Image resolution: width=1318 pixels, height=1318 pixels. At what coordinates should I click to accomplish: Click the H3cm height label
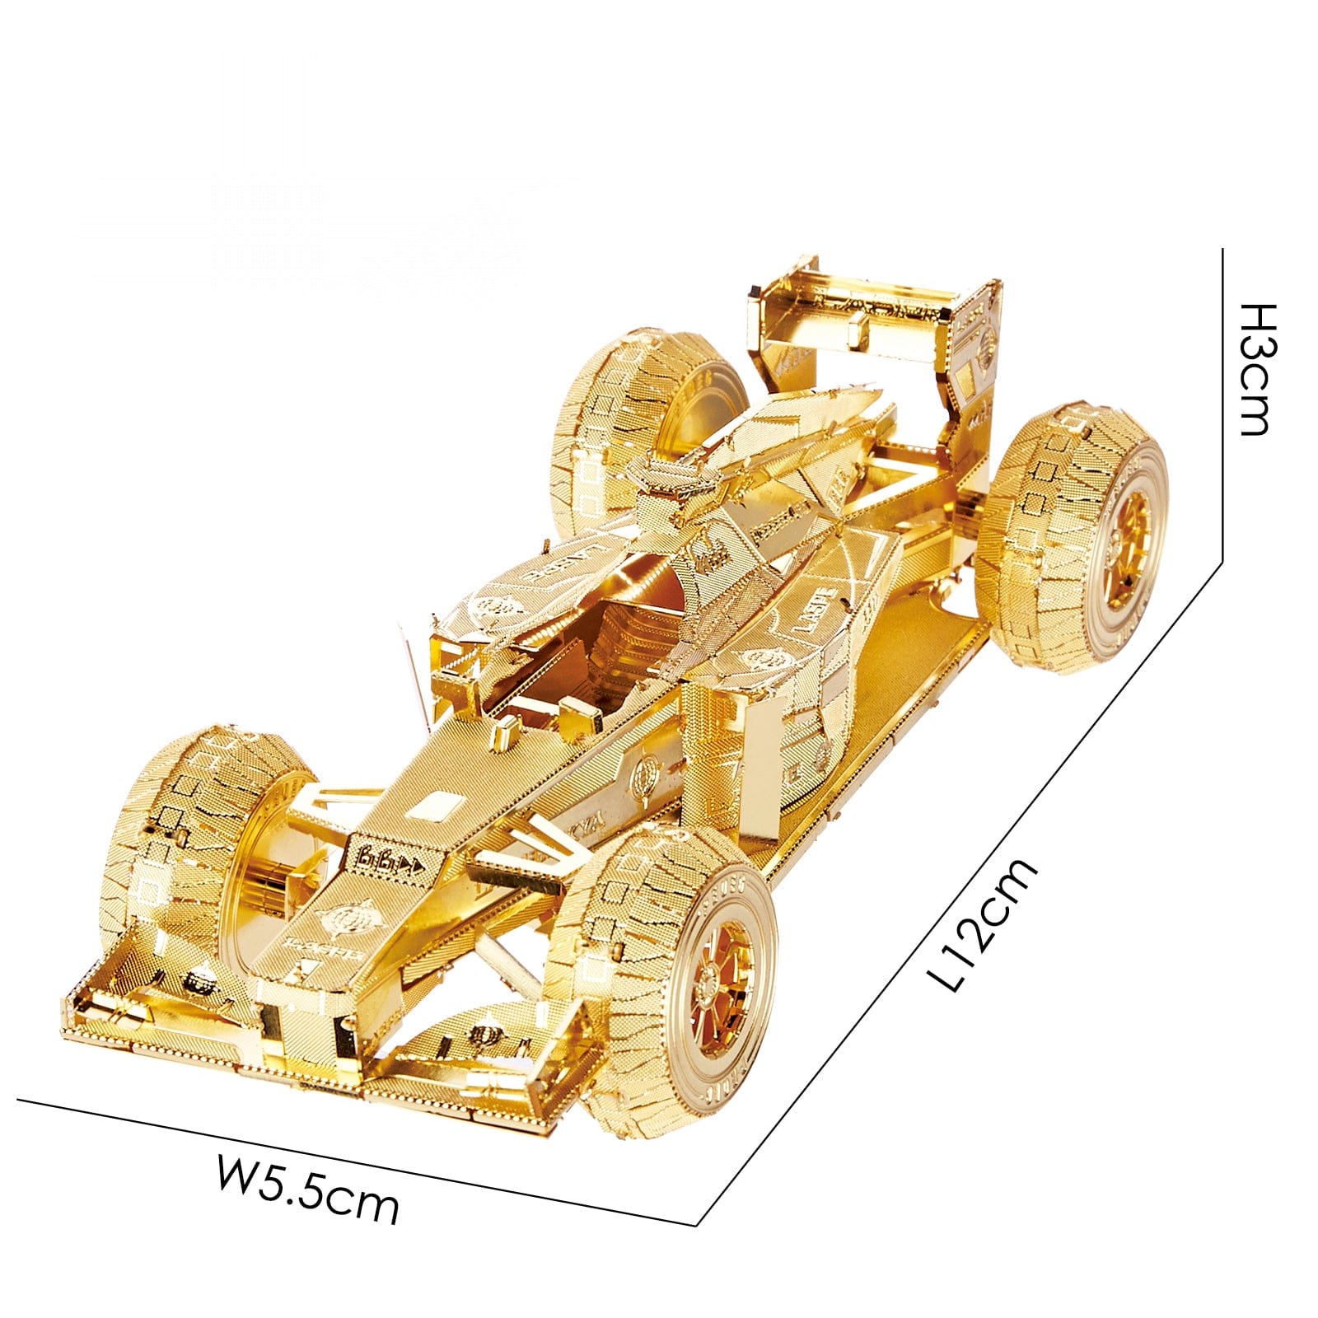tap(1258, 368)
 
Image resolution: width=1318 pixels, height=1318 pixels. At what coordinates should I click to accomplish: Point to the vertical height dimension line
tap(1222, 404)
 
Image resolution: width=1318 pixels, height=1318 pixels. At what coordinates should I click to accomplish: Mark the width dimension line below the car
tap(354, 1161)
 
